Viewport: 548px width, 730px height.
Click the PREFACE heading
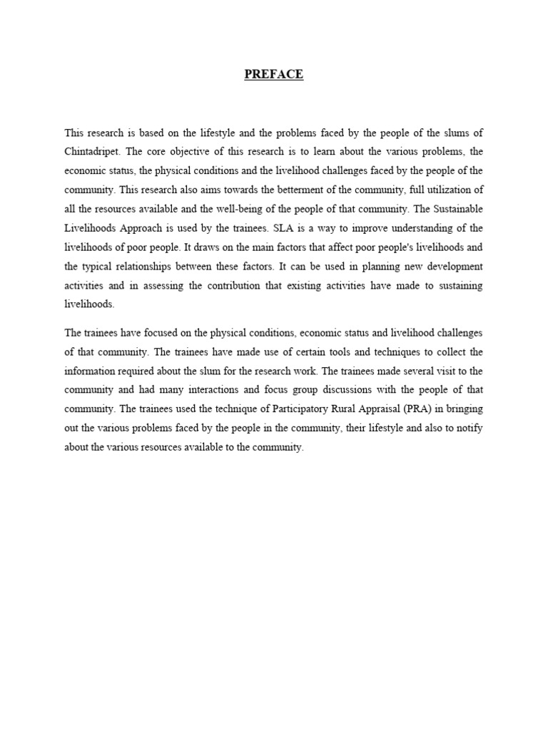pos(274,75)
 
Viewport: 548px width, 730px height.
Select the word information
pos(91,371)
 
